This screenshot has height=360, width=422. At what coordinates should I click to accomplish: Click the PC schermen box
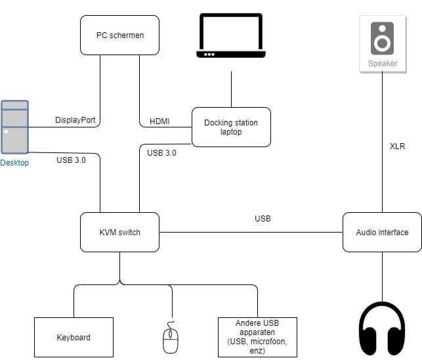click(x=119, y=35)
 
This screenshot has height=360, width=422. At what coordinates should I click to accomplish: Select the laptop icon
click(x=231, y=37)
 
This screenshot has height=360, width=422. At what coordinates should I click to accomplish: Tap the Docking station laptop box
click(x=230, y=126)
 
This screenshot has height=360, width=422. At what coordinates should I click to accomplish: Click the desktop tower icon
click(x=14, y=127)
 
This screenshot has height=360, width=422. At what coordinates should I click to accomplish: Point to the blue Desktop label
click(x=14, y=163)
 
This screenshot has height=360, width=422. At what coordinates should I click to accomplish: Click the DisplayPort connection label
click(x=77, y=121)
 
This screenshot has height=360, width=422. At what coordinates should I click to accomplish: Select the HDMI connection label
click(x=159, y=122)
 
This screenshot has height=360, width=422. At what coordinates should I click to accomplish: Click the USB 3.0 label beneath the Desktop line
click(x=71, y=160)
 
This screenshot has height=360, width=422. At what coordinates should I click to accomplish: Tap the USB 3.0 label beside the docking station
click(x=161, y=152)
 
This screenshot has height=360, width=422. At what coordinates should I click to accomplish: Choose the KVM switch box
click(x=119, y=232)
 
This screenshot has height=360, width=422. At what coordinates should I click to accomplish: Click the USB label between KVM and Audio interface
click(x=263, y=218)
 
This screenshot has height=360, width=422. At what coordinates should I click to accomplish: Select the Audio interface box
click(x=382, y=232)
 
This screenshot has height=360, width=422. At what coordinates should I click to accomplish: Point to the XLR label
click(x=397, y=146)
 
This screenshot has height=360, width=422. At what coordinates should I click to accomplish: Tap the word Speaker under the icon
click(x=382, y=64)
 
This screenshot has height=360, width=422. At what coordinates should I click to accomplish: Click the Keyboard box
click(x=73, y=337)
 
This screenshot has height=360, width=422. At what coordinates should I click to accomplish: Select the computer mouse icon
click(x=171, y=337)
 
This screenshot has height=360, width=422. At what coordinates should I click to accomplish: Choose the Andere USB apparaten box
click(x=257, y=337)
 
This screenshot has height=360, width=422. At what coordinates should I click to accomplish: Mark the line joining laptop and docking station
click(x=231, y=89)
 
